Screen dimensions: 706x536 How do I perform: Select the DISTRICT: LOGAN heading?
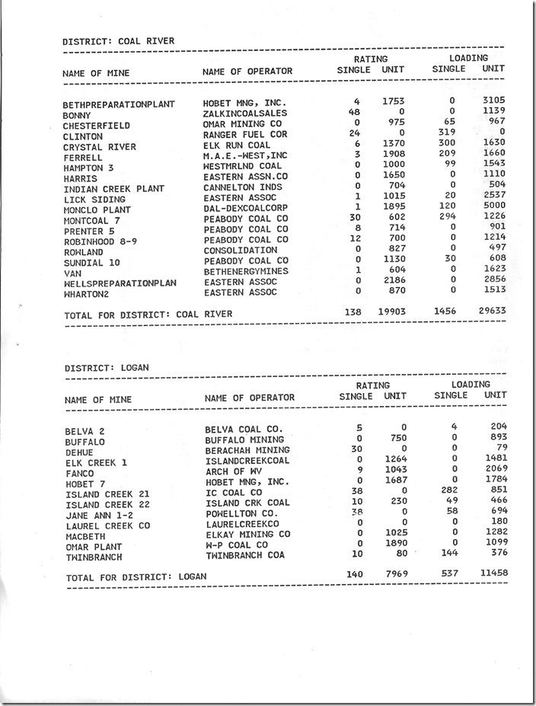click(107, 368)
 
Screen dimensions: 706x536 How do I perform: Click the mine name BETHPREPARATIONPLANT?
click(119, 104)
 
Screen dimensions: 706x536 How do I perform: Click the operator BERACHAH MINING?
click(247, 450)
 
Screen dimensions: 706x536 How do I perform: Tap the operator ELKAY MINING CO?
click(247, 535)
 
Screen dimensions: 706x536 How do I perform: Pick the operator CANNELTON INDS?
click(243, 187)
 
